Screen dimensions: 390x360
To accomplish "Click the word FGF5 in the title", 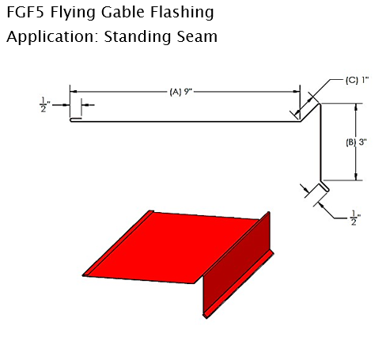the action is coord(25,12).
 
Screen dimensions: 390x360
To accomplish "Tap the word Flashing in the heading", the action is coord(182,13).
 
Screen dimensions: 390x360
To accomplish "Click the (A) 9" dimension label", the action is coord(180,92).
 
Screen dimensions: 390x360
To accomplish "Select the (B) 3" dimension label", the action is coord(356,142).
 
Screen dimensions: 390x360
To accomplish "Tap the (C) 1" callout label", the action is coord(357,80).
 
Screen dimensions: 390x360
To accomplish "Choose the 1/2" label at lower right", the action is coord(355,218).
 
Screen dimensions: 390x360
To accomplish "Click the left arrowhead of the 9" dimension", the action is coord(74,92).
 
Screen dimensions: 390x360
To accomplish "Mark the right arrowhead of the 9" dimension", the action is coord(297,92).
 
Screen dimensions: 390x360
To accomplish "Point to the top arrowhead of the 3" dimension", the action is coord(356,107).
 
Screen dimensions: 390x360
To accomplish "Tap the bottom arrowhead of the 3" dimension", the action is coord(356,177).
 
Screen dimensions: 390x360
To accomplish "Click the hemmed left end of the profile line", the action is coord(76,119).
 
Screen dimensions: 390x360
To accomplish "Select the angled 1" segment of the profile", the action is coord(310,112).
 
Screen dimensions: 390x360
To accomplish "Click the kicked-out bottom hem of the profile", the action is coord(324,186).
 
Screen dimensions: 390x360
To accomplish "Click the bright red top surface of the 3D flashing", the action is coord(172,247).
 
